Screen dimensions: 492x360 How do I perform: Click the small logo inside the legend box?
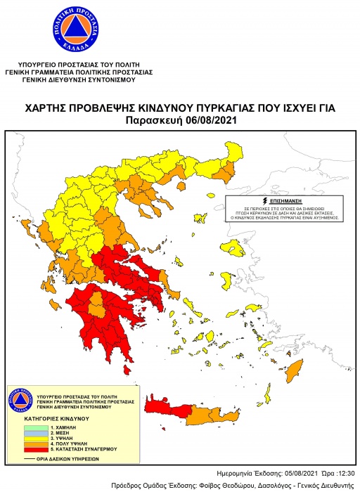point(20,401)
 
